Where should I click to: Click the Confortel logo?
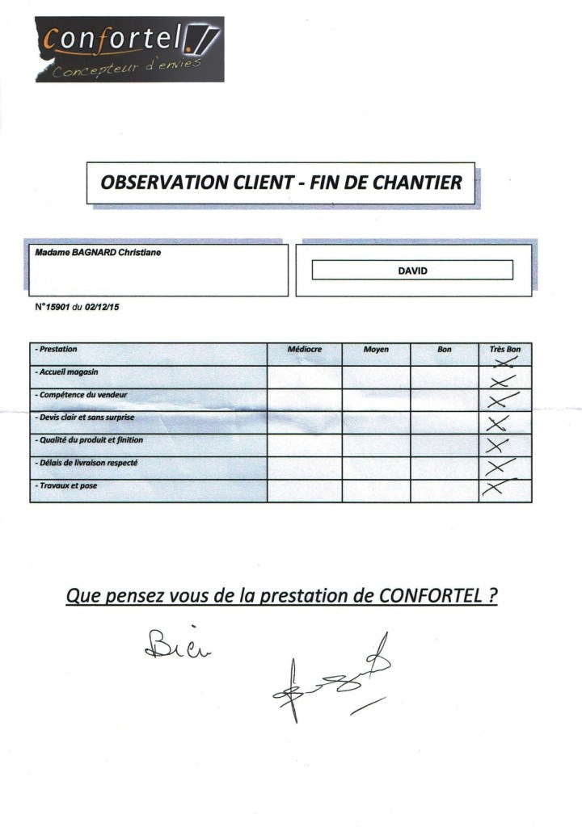point(129,48)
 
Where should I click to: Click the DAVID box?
point(412,271)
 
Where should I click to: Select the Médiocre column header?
point(305,350)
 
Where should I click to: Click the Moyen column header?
point(376,350)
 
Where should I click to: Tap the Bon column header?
point(444,350)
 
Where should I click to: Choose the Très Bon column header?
point(505,350)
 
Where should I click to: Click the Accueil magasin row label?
point(70,372)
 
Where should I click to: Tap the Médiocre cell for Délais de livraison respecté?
point(305,468)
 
